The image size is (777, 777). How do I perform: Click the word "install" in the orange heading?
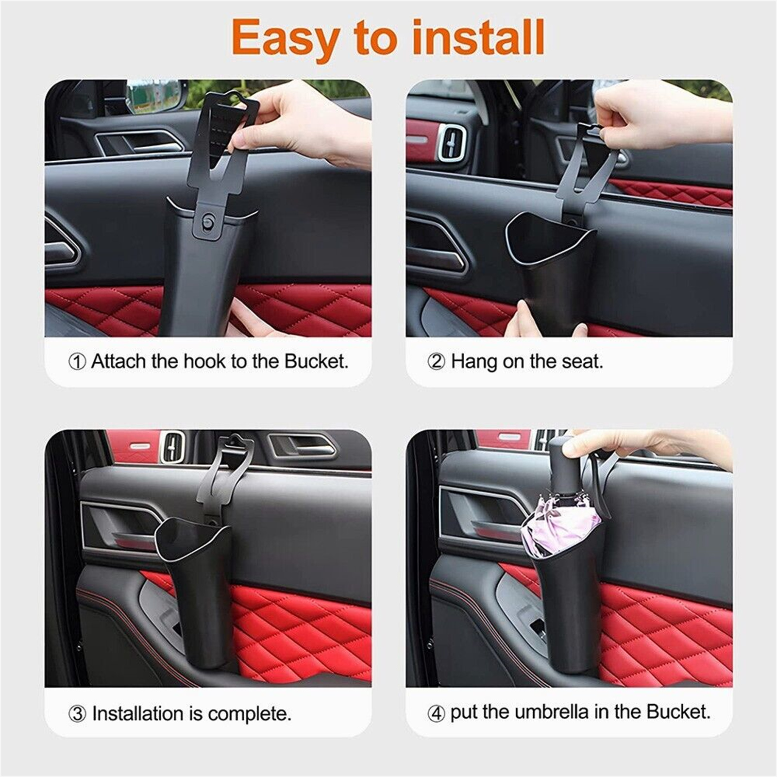[x=478, y=37]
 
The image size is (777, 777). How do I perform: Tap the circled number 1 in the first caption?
[x=77, y=362]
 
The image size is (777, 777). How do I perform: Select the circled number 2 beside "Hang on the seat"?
[x=436, y=362]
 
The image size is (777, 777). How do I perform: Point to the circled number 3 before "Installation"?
[x=77, y=714]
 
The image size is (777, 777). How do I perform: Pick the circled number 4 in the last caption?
[x=436, y=713]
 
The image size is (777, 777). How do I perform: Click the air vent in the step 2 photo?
[x=451, y=141]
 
